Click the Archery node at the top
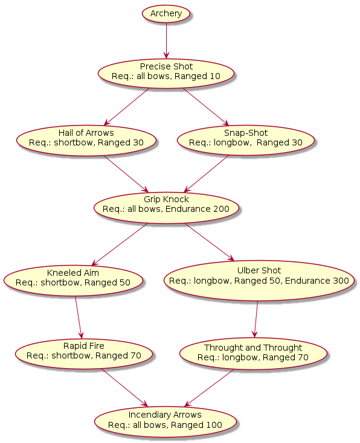[166, 13]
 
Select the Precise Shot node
[166, 74]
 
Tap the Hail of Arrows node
[86, 141]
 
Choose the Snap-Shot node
[246, 141]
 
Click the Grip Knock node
[166, 208]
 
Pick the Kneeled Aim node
[73, 281]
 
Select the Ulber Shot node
[259, 281]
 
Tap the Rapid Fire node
[84, 354]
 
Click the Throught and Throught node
[253, 354]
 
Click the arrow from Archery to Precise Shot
[166, 40]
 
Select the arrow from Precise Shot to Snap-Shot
[205, 106]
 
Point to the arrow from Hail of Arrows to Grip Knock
[126, 174]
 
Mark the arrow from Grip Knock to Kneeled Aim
[120, 244]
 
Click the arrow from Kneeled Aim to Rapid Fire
[79, 317]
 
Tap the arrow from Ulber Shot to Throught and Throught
[256, 319]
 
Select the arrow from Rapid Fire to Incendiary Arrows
[124, 387]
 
